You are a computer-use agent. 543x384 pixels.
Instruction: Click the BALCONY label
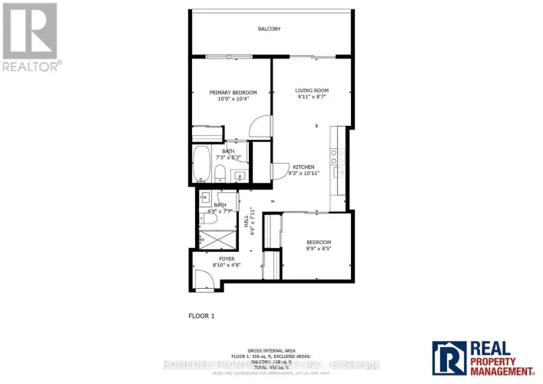tap(269, 29)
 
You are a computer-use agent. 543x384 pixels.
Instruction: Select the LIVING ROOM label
tap(312, 91)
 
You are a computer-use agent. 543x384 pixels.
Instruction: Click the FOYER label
tap(227, 259)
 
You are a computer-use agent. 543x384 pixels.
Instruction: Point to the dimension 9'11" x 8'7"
tap(312, 98)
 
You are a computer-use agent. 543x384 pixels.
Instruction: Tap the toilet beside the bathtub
tap(220, 172)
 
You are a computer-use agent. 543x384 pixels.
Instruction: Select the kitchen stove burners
tap(336, 157)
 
